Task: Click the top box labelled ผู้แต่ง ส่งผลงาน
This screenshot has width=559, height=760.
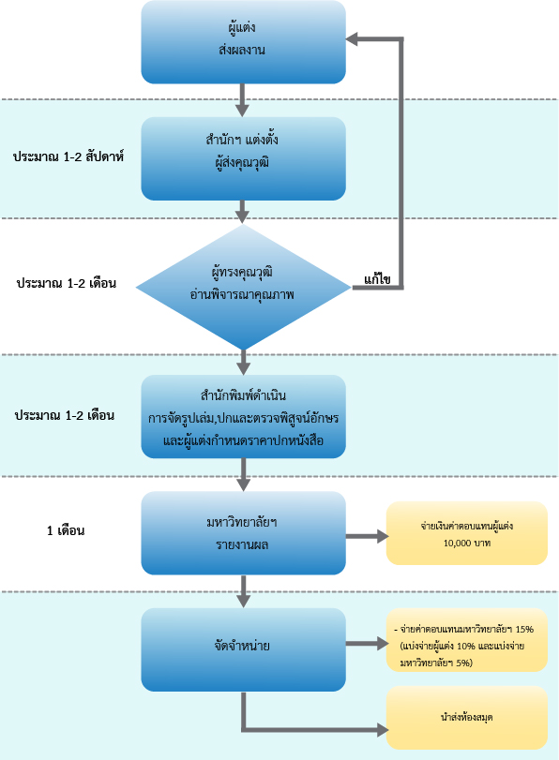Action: coord(243,42)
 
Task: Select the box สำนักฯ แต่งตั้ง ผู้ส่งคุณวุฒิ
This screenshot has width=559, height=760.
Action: coord(243,158)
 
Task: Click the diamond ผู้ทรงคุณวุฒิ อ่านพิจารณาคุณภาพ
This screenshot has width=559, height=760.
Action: coord(243,287)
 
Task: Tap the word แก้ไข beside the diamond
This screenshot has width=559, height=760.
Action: coord(377,279)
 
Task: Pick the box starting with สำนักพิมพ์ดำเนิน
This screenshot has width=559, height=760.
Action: coord(243,416)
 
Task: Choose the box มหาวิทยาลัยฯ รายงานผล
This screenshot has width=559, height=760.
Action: coord(243,533)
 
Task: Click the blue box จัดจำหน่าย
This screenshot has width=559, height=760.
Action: coord(243,650)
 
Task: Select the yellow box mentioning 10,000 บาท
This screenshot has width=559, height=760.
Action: coord(467,533)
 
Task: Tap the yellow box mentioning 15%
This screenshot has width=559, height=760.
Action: coord(467,640)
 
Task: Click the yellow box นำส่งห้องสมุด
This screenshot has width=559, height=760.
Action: coord(467,718)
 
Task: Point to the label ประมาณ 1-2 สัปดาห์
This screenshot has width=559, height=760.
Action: coord(68,156)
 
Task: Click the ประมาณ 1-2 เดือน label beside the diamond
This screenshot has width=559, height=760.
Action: coord(67,283)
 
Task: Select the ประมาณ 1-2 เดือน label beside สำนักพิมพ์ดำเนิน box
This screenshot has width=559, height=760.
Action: coord(65,415)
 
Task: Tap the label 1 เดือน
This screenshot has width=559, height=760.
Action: coord(66,530)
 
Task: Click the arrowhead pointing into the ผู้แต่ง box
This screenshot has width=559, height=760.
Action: coord(352,39)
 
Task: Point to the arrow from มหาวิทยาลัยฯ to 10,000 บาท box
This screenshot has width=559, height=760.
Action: coord(368,537)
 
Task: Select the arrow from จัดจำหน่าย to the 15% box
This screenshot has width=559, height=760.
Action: coord(368,644)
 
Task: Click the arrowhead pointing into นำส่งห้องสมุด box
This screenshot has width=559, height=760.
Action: coord(384,729)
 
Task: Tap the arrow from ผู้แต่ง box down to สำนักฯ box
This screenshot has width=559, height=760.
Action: coord(242,100)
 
